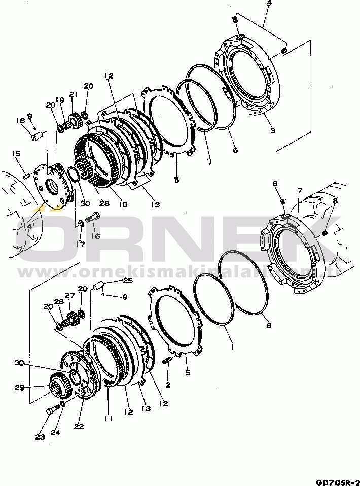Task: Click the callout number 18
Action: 20,120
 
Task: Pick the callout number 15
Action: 16,154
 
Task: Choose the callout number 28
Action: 104,203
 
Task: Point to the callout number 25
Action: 127,281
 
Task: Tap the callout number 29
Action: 19,388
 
